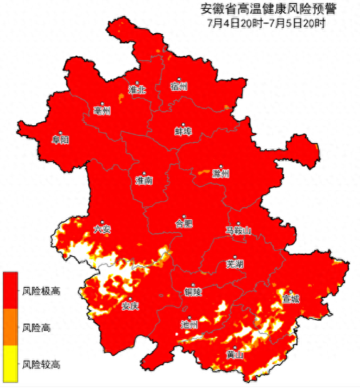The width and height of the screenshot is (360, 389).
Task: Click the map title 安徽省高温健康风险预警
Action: pos(268,9)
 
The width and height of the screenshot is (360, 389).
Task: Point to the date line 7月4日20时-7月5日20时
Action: pos(265,23)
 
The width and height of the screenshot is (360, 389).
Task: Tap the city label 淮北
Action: pos(136,90)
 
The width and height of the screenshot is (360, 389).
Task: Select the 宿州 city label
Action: pos(178,87)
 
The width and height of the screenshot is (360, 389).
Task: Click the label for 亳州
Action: pos(101,112)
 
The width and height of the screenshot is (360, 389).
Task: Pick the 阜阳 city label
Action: pos(61,140)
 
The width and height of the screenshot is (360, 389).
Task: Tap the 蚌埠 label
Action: pos(183,132)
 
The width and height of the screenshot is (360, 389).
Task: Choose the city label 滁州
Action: pos(221,174)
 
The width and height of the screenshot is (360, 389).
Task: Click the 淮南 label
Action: pos(144,180)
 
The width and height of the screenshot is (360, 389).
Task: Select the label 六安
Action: pos(101,230)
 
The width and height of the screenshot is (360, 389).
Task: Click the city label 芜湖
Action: pos(234,264)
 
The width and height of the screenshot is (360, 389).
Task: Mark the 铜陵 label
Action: pos(193,292)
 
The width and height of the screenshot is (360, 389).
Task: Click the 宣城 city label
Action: pos(291,299)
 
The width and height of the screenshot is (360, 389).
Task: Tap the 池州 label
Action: pos(188,324)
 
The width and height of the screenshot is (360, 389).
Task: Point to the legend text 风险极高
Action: pos(41,291)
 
